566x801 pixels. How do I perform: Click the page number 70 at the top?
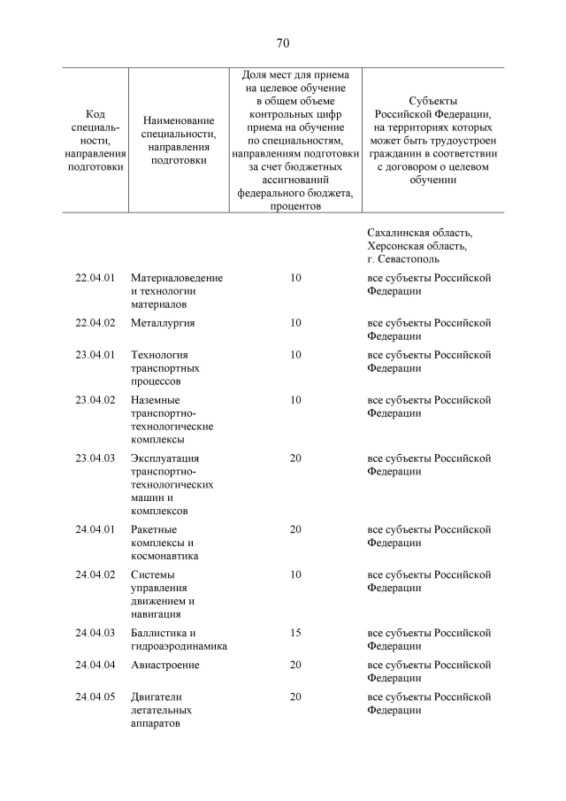283,43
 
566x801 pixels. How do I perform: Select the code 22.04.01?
96,278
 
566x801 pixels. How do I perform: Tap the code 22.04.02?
96,323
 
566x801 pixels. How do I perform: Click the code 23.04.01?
96,355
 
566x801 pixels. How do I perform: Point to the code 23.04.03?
96,458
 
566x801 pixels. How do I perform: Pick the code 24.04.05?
96,697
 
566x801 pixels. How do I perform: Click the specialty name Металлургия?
163,323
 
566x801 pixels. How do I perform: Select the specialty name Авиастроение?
164,665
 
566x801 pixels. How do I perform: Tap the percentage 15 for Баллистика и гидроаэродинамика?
295,633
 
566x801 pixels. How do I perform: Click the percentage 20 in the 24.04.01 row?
295,529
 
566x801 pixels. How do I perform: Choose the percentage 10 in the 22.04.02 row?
295,323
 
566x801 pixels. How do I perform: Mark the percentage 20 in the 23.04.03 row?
295,458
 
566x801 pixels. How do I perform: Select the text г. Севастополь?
402,259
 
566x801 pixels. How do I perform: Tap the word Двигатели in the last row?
156,697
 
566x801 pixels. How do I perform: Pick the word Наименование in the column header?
179,120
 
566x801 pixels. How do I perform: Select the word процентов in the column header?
295,206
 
